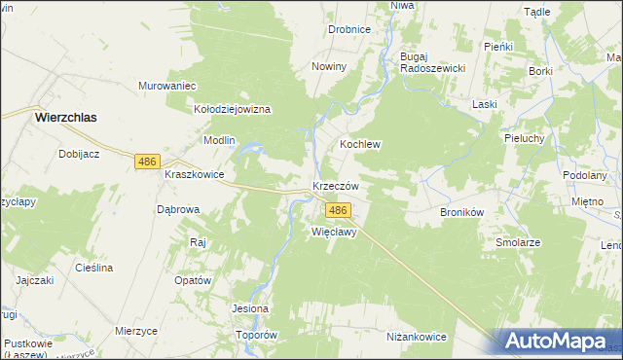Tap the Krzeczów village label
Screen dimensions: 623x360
(336, 186)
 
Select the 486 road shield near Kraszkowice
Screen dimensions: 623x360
(147, 162)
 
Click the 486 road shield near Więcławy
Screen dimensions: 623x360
(338, 210)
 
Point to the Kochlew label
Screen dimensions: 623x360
(359, 144)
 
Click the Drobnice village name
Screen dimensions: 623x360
(348, 29)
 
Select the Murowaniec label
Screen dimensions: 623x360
(167, 85)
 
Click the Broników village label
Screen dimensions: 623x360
(462, 211)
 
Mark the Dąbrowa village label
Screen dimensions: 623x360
(178, 209)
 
